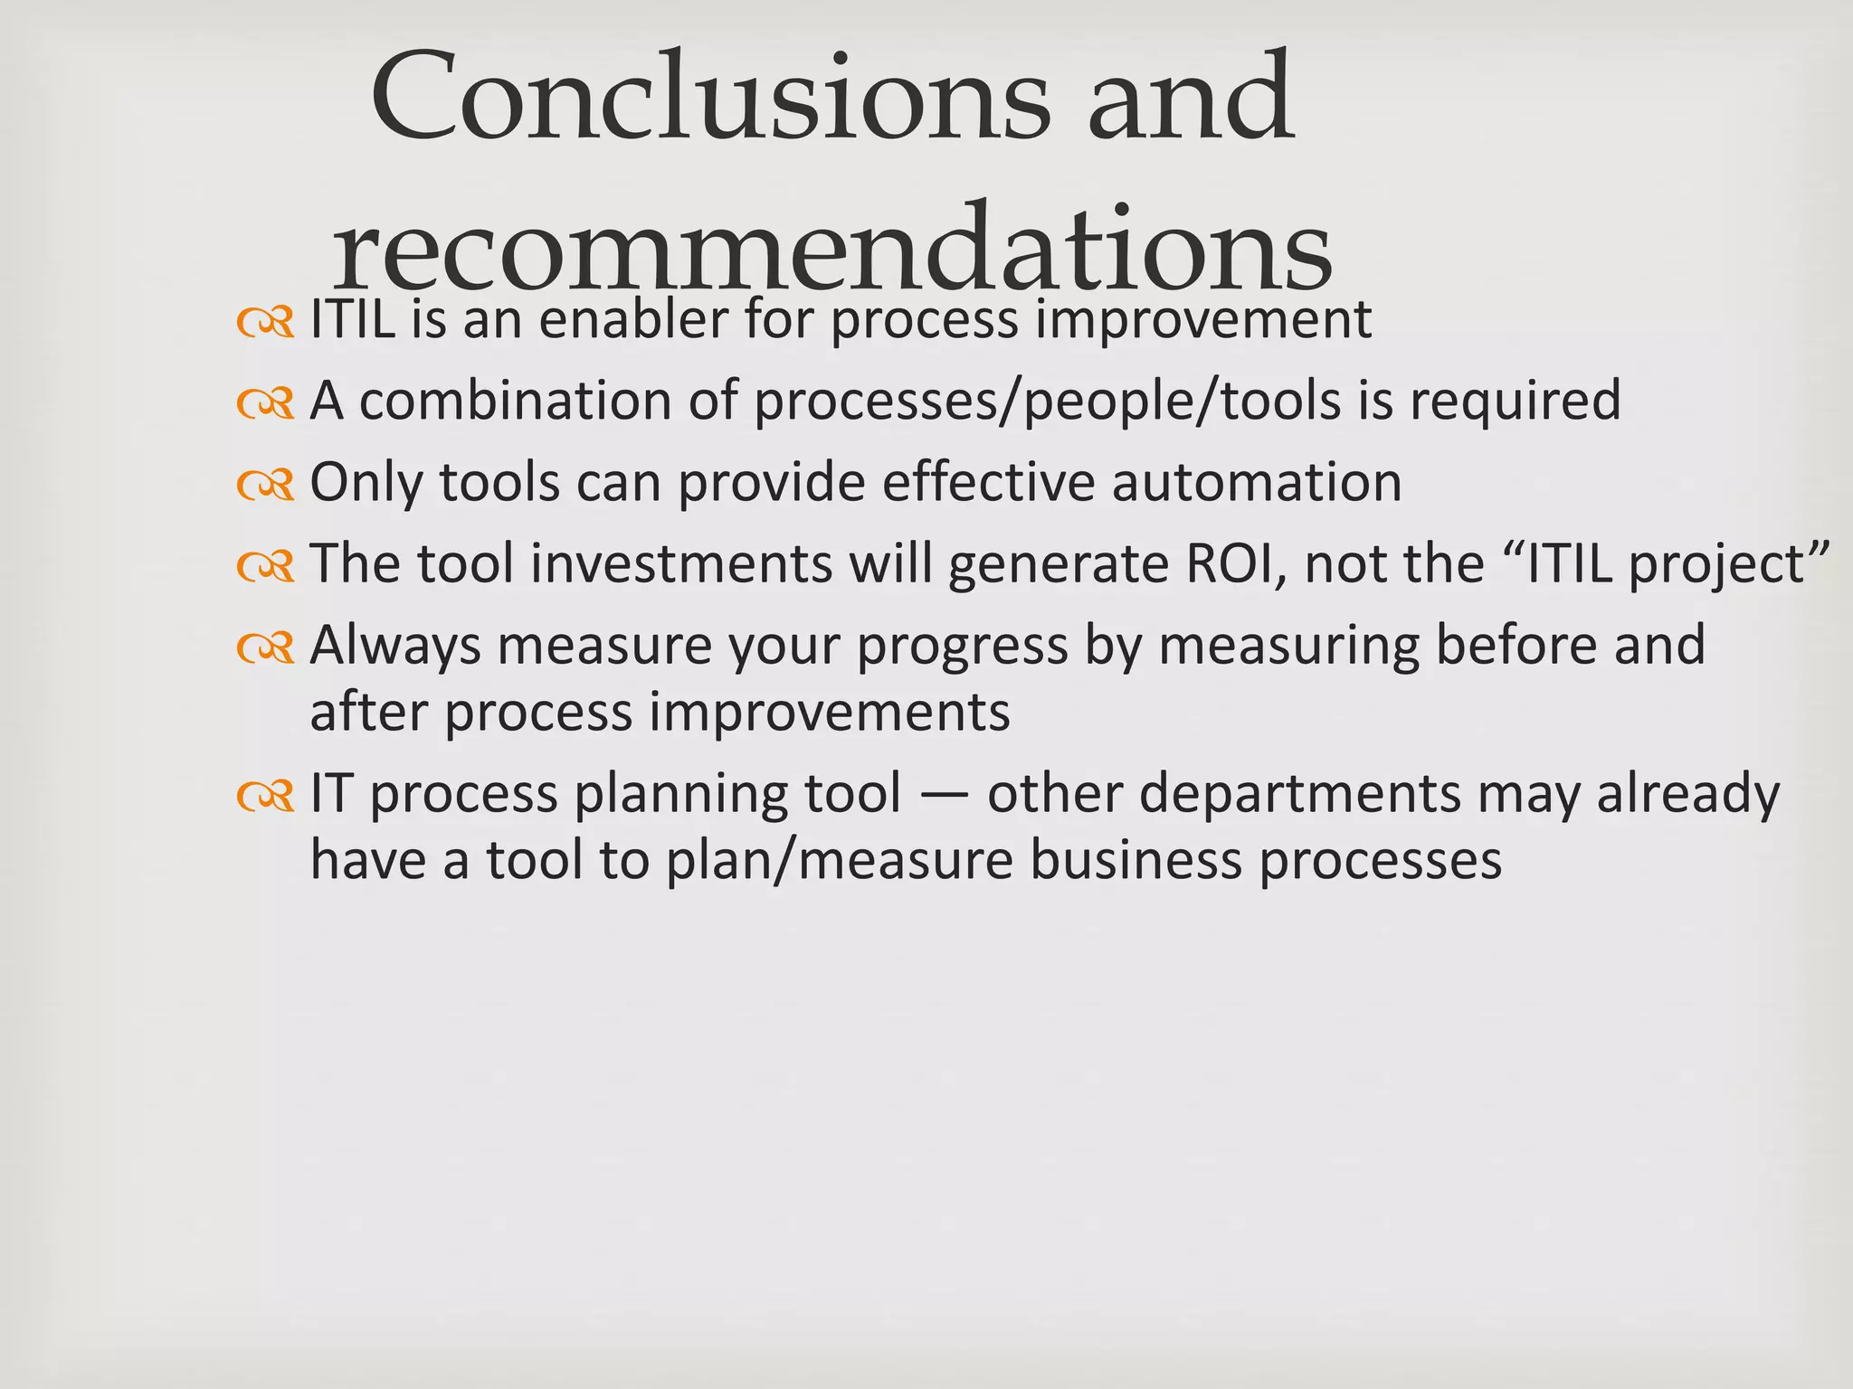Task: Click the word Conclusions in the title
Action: (710, 98)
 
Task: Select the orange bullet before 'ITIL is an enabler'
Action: (265, 323)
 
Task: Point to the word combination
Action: (516, 401)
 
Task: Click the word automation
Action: (1257, 482)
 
